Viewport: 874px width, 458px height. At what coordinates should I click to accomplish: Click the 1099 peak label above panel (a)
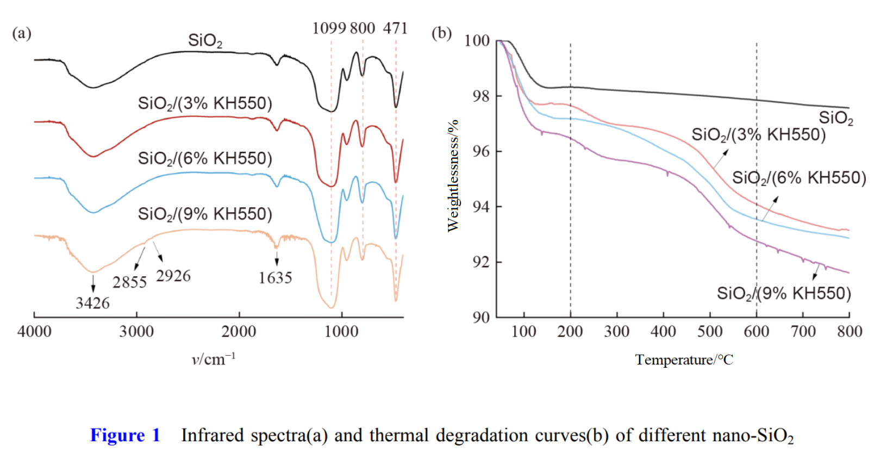[329, 28]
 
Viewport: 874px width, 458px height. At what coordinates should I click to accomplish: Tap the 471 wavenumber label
[395, 28]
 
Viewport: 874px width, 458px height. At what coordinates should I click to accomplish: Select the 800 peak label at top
[363, 28]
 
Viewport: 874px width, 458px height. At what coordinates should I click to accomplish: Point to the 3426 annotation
[92, 303]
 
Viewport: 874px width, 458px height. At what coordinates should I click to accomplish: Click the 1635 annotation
[275, 278]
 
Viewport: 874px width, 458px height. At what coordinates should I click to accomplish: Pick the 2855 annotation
[129, 282]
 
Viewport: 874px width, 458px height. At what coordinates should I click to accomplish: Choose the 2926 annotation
[173, 276]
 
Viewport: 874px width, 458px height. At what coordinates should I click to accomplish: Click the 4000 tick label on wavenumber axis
[34, 331]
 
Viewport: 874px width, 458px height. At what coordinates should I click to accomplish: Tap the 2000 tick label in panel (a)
[239, 331]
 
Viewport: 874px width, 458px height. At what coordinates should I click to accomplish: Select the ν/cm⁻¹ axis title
[213, 359]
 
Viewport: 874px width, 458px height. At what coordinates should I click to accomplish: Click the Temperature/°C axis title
[684, 360]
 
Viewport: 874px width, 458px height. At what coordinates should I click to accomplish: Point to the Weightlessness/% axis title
[453, 176]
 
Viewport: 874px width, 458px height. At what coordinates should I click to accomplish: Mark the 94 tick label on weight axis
[481, 207]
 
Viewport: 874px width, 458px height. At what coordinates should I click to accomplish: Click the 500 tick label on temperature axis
[710, 331]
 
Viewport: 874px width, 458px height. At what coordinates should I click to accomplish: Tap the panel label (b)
[441, 33]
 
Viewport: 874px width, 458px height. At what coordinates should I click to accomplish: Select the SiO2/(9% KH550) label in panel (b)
[784, 294]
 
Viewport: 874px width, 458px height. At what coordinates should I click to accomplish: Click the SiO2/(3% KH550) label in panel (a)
[205, 103]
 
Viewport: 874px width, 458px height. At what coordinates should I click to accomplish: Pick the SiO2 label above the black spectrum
[205, 40]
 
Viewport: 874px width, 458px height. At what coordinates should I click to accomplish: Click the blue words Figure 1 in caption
[125, 435]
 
